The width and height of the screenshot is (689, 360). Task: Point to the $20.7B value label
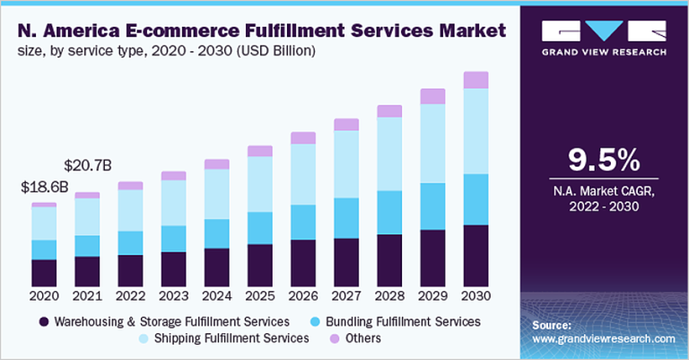88,165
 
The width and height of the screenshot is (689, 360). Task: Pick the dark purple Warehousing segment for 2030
475,255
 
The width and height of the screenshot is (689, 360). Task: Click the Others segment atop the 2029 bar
432,96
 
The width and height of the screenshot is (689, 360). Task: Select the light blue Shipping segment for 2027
346,164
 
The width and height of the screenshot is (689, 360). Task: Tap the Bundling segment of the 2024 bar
216,233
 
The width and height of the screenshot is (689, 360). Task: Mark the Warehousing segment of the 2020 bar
44,272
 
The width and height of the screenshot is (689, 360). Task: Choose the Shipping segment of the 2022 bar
130,210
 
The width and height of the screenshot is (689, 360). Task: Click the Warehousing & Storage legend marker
42,321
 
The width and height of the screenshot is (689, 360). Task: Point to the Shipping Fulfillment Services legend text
231,338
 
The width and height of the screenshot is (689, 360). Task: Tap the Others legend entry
355,338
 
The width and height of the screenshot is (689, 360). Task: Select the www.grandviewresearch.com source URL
603,339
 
